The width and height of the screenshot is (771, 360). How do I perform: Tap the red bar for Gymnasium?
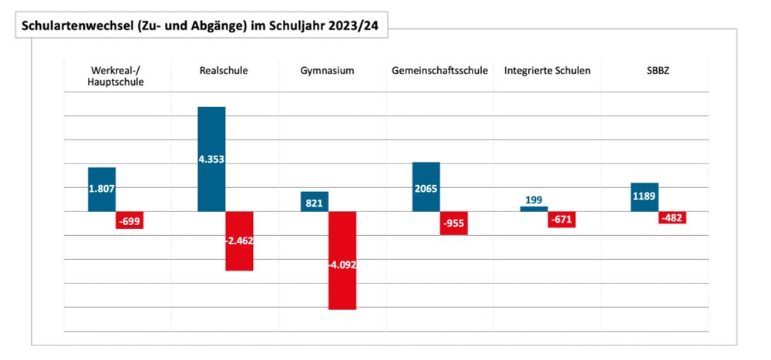click(x=342, y=261)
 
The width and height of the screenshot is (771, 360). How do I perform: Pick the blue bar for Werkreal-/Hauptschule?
click(x=102, y=189)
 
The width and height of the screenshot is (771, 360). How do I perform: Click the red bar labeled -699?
click(x=130, y=220)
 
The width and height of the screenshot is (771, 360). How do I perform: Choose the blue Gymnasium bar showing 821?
click(x=314, y=201)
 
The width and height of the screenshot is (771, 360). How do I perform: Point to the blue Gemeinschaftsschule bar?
click(x=426, y=187)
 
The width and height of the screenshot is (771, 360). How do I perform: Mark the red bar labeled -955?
click(x=454, y=223)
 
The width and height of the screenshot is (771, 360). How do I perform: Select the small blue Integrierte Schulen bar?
click(x=534, y=209)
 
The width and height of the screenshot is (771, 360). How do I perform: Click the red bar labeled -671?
click(x=562, y=220)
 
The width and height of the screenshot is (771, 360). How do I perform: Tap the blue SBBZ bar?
click(x=644, y=197)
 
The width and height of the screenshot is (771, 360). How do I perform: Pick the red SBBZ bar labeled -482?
click(x=672, y=218)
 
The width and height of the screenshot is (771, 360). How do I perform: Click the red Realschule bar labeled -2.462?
click(x=239, y=241)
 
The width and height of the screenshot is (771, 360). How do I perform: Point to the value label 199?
click(x=534, y=200)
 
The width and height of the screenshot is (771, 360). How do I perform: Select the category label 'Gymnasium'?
click(x=327, y=71)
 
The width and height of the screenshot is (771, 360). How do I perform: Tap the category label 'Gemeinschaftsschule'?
click(x=439, y=71)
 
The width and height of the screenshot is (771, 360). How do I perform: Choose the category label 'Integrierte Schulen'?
click(x=547, y=71)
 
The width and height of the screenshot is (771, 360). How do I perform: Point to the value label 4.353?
click(x=211, y=159)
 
